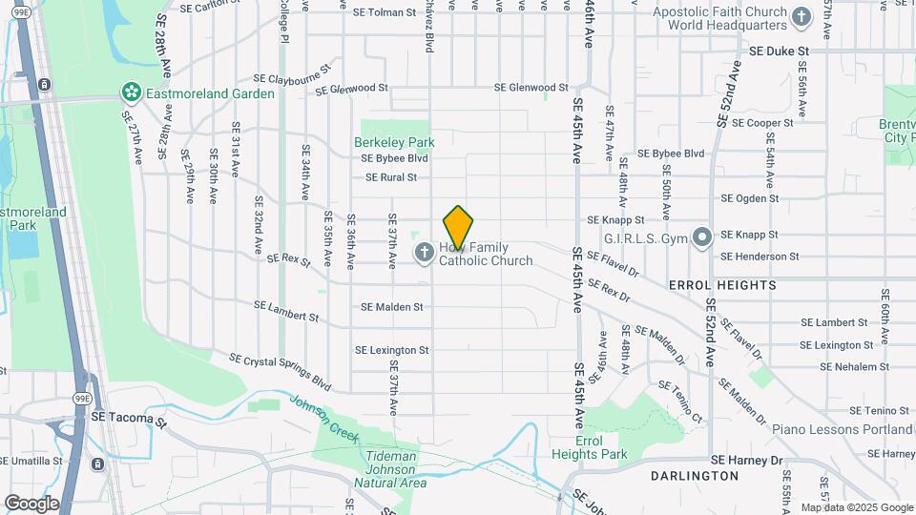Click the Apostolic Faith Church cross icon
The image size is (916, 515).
801,15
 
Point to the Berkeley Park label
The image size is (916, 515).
394,142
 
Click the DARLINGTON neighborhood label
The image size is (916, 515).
694,475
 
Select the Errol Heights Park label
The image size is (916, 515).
589,446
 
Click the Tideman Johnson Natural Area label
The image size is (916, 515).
390,470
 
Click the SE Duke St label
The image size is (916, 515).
779,51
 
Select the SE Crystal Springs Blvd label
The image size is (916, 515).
280,372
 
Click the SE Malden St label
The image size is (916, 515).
391,307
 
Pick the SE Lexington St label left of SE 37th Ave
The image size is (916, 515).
391,350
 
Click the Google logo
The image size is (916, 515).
31,503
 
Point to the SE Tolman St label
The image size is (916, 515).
385,13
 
